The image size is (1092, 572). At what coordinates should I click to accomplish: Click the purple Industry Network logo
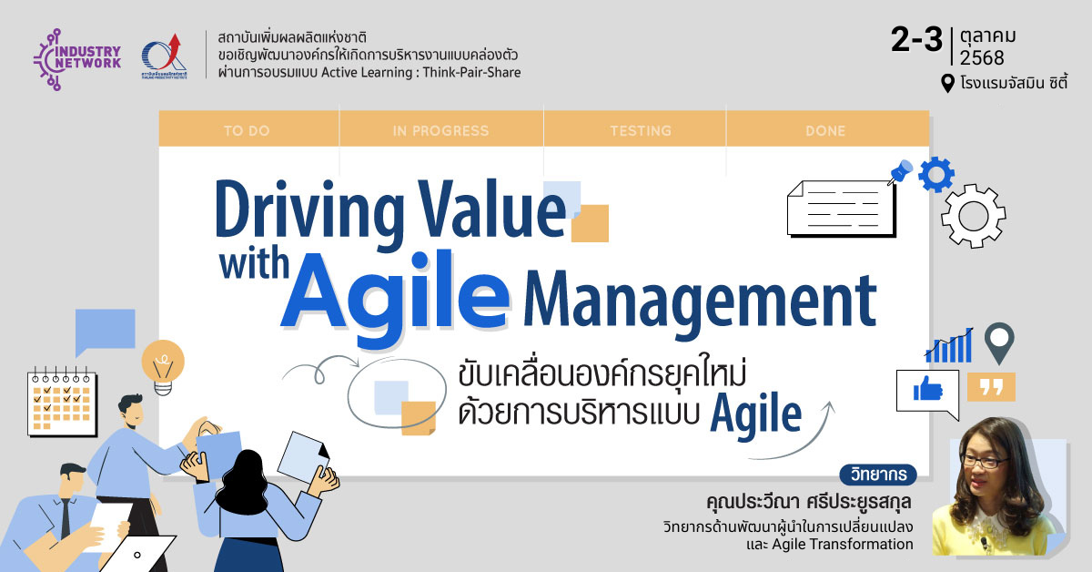pos(77,59)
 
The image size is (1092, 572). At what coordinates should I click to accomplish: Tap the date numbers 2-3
pos(916,39)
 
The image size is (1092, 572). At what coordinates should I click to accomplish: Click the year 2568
pos(982,58)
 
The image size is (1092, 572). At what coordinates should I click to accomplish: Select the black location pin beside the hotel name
pos(947,84)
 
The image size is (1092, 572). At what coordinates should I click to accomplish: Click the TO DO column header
pos(247,131)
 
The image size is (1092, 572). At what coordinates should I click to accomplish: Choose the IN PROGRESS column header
pos(440,131)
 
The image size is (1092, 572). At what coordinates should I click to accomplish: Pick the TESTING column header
pos(641,131)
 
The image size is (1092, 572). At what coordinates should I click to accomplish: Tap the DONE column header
pos(825,131)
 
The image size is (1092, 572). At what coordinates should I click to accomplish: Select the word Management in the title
pos(700,301)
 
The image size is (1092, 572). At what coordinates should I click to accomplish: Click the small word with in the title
pos(254,262)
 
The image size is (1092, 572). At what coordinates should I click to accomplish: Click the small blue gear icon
pos(936,174)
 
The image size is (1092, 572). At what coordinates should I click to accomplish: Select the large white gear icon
pos(973,216)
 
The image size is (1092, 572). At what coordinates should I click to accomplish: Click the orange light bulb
pos(163,367)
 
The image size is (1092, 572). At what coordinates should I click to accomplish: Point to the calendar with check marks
pos(62,402)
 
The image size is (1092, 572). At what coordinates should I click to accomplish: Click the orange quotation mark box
pos(991,387)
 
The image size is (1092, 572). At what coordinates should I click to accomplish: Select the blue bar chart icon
pos(949,345)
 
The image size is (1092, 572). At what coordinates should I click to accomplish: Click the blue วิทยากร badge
pos(878,475)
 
